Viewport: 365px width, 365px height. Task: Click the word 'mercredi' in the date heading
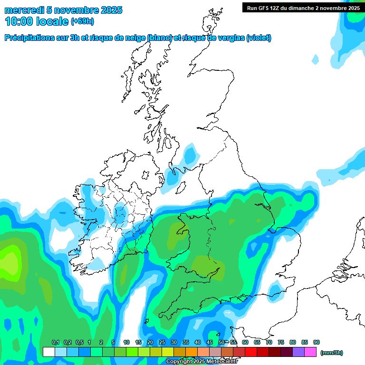(x=24, y=10)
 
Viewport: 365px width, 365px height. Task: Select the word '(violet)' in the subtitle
(x=259, y=38)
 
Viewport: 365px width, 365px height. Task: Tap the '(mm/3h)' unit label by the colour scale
(x=331, y=353)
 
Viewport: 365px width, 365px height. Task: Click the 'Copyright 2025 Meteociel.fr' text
(x=202, y=362)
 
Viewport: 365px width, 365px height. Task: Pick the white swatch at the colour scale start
(x=48, y=352)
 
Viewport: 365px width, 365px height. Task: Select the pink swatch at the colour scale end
(x=310, y=352)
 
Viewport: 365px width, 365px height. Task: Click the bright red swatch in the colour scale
(x=251, y=352)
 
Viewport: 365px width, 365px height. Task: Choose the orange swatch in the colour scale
(x=192, y=352)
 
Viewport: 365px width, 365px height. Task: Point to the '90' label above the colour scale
(x=317, y=342)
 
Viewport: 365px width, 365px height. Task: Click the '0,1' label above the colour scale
(x=55, y=342)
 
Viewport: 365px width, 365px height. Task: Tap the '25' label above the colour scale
(x=162, y=342)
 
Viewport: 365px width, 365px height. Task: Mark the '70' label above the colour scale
(x=269, y=342)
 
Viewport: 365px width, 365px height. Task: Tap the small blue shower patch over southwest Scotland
(x=190, y=155)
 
